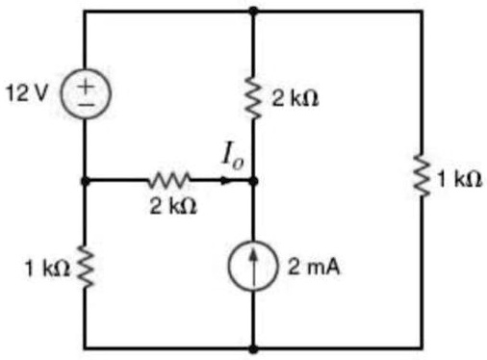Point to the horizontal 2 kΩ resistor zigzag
(x=170, y=179)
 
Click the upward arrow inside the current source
(x=253, y=263)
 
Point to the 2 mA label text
(x=309, y=266)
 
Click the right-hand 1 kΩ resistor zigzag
(x=422, y=180)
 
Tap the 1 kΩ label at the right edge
(x=459, y=180)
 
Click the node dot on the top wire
(x=253, y=12)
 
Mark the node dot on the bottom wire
(x=253, y=347)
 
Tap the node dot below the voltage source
(x=85, y=179)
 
